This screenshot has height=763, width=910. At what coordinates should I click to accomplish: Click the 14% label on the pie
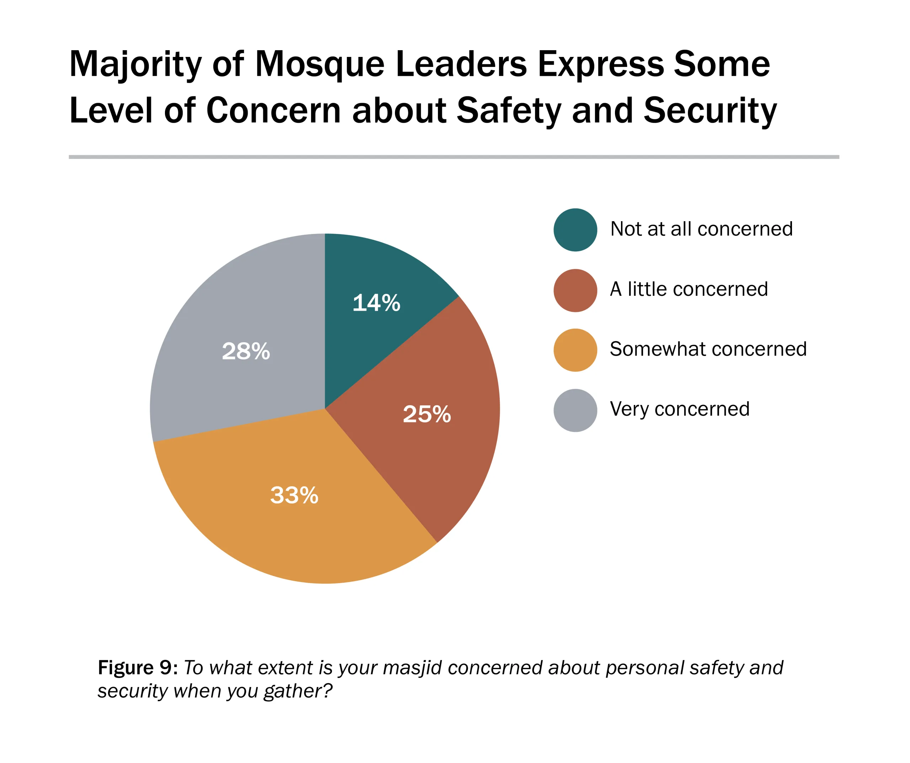pyautogui.click(x=376, y=303)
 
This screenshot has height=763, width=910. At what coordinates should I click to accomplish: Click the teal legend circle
pyautogui.click(x=575, y=230)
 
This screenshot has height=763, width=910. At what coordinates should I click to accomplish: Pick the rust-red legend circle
pyautogui.click(x=575, y=290)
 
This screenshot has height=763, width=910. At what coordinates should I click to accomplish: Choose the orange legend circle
pyautogui.click(x=575, y=350)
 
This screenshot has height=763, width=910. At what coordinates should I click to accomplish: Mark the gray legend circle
pyautogui.click(x=575, y=410)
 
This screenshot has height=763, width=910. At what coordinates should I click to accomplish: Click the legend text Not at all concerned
pyautogui.click(x=701, y=229)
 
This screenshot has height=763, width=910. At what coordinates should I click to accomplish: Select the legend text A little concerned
pyautogui.click(x=689, y=289)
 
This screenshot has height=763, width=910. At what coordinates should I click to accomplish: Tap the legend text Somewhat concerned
pyautogui.click(x=708, y=349)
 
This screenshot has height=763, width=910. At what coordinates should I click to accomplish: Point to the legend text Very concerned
pyautogui.click(x=679, y=409)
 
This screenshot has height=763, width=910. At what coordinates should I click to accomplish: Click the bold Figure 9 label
pyautogui.click(x=137, y=668)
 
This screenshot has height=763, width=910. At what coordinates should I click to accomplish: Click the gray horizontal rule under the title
pyautogui.click(x=454, y=157)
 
